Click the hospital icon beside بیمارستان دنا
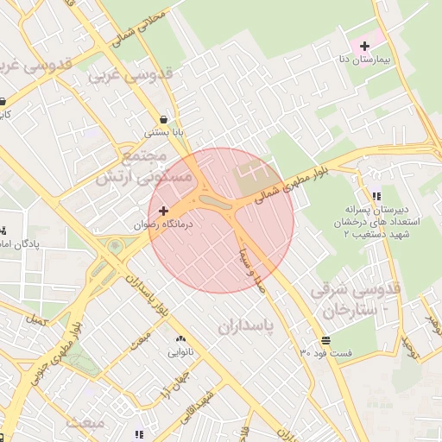[x=364, y=44]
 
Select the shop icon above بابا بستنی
[x=163, y=120]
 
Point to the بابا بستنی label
[x=163, y=135]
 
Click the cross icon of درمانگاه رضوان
[x=164, y=210]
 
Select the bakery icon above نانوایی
[x=180, y=338]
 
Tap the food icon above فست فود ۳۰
[x=325, y=339]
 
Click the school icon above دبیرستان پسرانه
[x=376, y=196]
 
